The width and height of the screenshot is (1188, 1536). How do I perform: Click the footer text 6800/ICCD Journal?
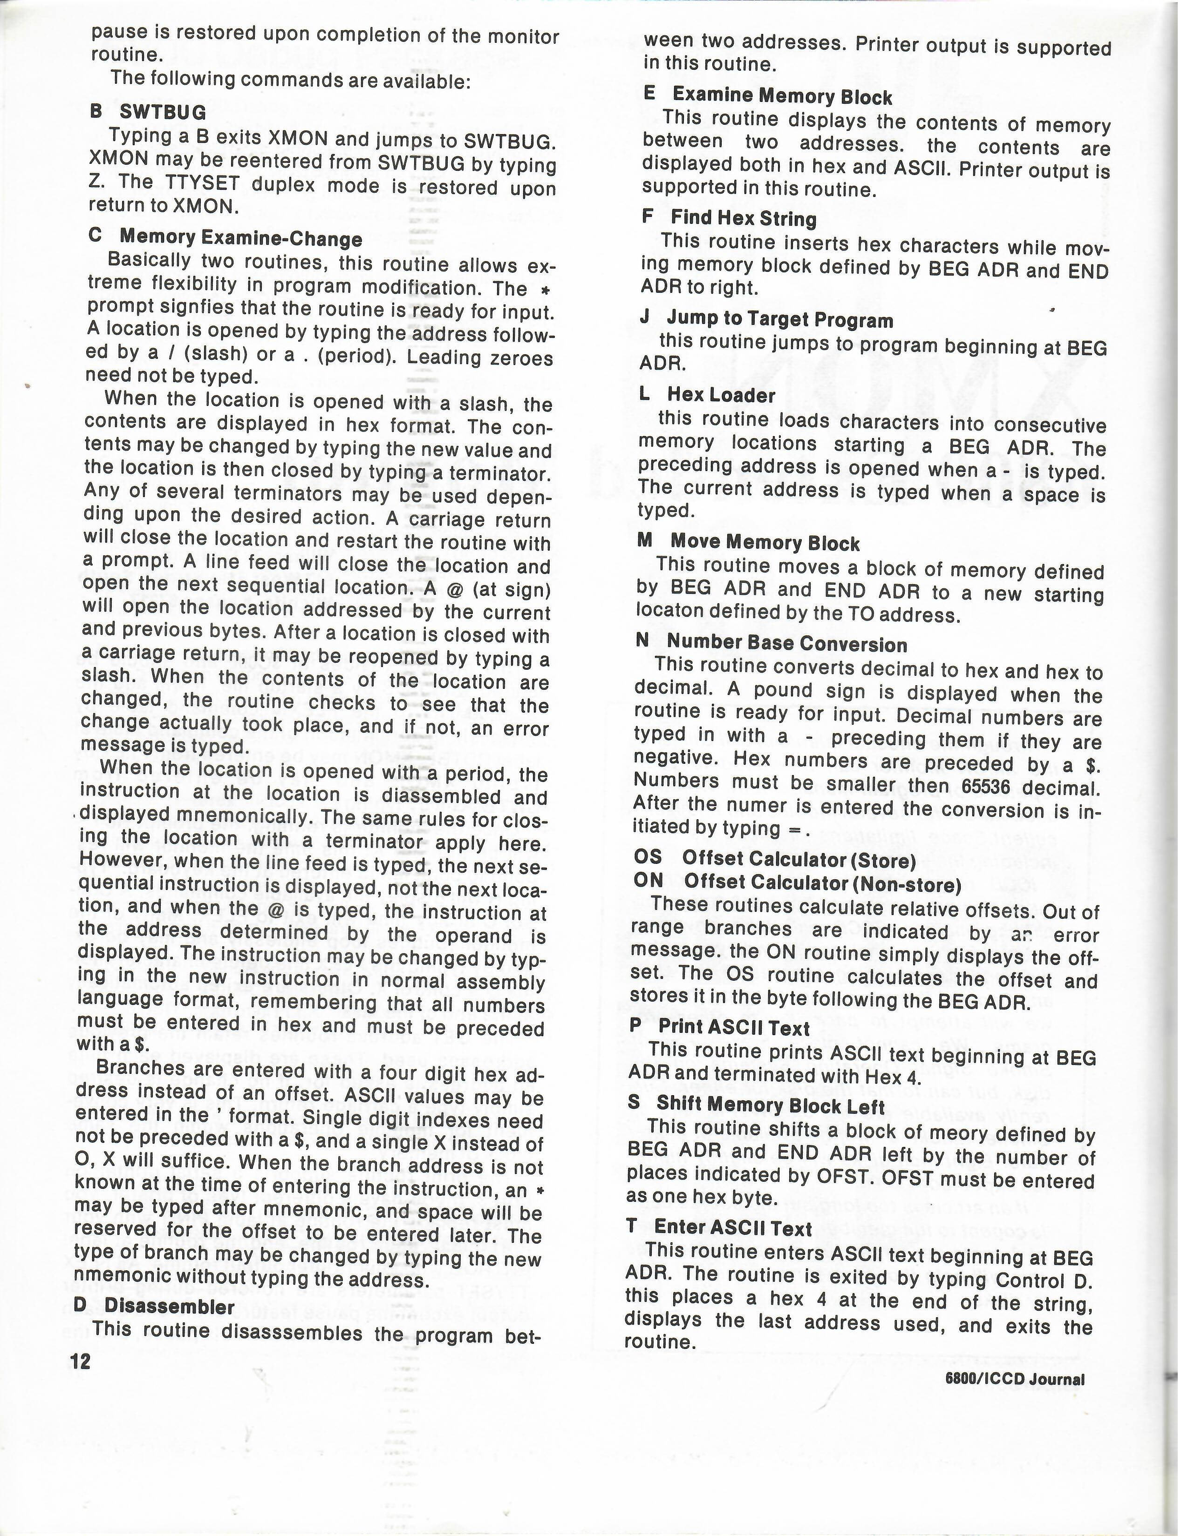[1015, 1379]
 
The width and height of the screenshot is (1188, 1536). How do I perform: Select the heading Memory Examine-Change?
[241, 238]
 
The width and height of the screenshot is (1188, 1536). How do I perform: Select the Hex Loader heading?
[721, 395]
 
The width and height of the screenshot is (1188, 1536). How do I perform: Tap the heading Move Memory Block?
[765, 542]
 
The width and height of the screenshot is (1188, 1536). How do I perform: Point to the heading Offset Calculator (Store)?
[799, 859]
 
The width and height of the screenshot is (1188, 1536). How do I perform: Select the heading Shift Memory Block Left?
[770, 1105]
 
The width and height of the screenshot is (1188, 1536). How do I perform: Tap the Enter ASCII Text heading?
[733, 1227]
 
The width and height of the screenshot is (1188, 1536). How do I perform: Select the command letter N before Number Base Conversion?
[642, 641]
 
